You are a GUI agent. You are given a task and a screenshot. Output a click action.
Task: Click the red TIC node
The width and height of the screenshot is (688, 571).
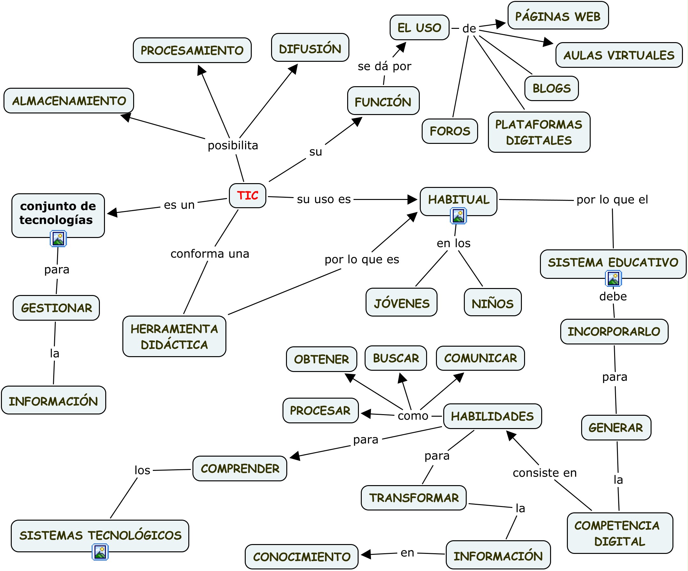coord(247,196)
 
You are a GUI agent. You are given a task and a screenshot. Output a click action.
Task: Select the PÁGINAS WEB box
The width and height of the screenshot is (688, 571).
coord(558,16)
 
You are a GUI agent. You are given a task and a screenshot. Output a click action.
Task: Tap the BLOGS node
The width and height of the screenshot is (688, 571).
coord(551,88)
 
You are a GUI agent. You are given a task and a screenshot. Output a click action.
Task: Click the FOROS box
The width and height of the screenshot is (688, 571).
coord(450,131)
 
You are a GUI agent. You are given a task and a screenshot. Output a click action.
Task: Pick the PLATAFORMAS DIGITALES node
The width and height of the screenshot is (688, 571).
coord(539,132)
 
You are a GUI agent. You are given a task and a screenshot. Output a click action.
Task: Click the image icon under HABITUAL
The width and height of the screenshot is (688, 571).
coord(458,216)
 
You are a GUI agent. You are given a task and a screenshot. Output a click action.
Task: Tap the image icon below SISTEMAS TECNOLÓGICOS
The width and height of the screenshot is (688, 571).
coord(100,552)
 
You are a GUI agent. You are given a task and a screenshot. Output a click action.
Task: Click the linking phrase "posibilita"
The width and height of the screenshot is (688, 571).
coord(233,145)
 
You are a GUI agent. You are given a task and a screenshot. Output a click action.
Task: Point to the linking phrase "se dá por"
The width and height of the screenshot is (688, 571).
coord(384,66)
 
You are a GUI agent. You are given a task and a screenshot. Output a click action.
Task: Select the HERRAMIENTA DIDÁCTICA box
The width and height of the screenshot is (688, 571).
coord(174,336)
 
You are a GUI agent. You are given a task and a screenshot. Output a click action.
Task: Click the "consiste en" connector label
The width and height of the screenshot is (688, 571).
coord(544,473)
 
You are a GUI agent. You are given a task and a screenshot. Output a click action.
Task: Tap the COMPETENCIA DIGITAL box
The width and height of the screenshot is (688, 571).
coord(620,533)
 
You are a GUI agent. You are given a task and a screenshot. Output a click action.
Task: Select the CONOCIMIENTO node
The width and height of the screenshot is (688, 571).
coord(302,557)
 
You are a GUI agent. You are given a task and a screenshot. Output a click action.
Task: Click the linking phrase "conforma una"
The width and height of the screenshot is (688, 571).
coord(210,254)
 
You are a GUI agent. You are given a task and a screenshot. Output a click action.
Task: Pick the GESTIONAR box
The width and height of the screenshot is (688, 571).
coord(56,308)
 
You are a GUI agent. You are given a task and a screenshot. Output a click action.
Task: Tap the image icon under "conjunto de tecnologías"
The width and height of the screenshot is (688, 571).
coord(58,238)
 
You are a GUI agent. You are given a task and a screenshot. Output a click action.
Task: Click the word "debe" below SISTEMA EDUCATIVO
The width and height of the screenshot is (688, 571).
coord(613,296)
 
